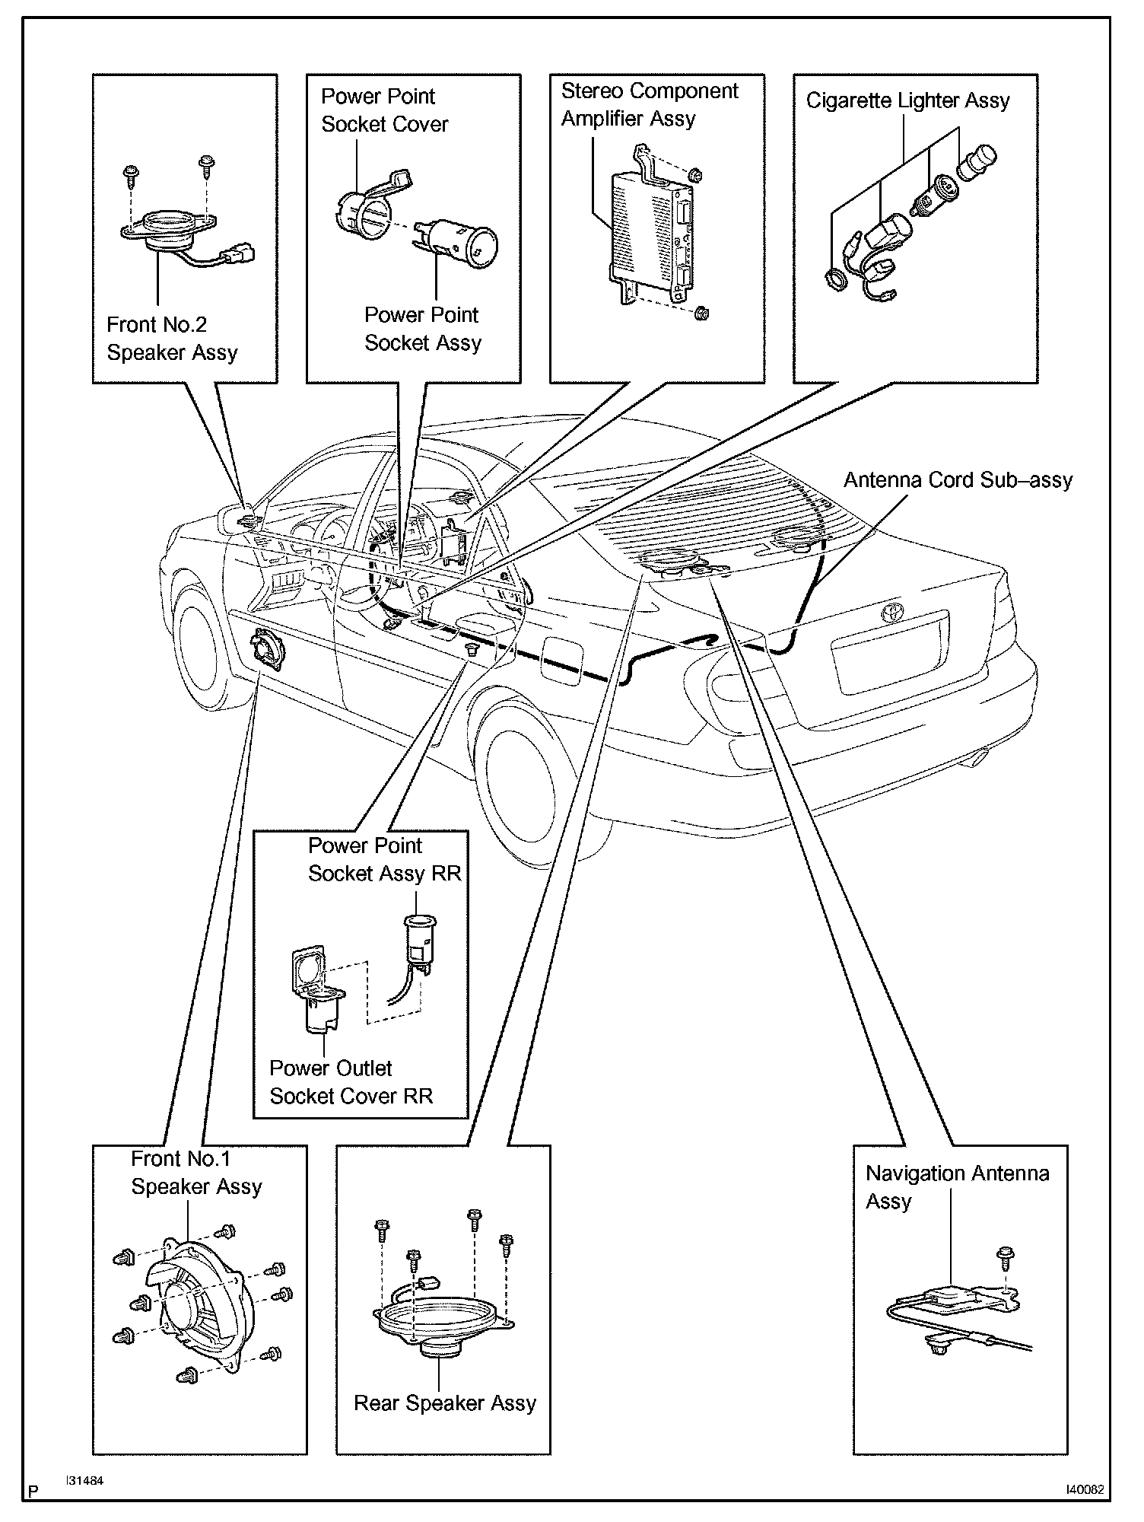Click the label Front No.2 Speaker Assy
tap(172, 339)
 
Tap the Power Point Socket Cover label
tap(385, 110)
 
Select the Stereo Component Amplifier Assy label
tap(650, 105)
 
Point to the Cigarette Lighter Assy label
tap(908, 100)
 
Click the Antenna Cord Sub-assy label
tap(958, 480)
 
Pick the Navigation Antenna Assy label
tap(958, 1187)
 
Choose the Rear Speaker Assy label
tap(445, 1403)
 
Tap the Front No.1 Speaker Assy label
tap(196, 1173)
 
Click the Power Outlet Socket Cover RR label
tap(351, 1082)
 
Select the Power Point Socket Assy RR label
tap(384, 859)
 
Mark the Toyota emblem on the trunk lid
tap(889, 613)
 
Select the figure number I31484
tap(84, 1481)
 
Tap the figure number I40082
tap(1085, 1490)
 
